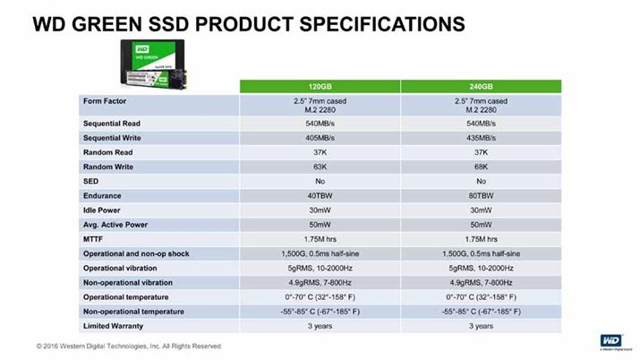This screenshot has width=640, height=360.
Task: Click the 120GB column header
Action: pyautogui.click(x=320, y=86)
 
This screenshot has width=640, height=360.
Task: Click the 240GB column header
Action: pyautogui.click(x=482, y=86)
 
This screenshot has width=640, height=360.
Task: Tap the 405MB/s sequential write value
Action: pyautogui.click(x=320, y=138)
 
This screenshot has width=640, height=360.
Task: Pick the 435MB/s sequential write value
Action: pyautogui.click(x=482, y=138)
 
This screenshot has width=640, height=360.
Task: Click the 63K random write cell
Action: pyautogui.click(x=320, y=167)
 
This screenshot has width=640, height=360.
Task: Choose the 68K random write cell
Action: pyautogui.click(x=482, y=167)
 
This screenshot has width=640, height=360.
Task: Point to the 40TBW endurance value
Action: pyautogui.click(x=320, y=195)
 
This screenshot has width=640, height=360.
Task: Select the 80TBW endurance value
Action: pyautogui.click(x=482, y=195)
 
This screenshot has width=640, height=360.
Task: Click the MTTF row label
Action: pyautogui.click(x=96, y=239)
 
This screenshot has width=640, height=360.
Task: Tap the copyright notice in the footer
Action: pyautogui.click(x=129, y=346)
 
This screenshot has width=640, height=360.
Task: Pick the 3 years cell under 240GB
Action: pyautogui.click(x=482, y=326)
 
